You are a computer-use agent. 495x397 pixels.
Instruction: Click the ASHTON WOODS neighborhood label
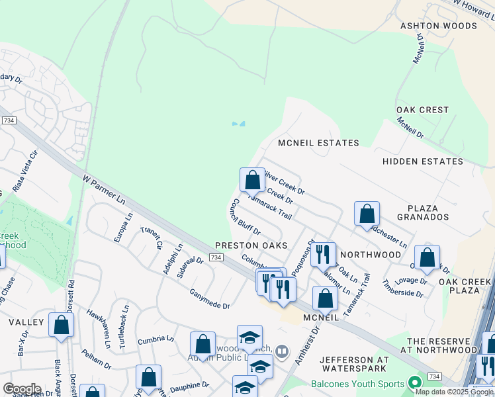coord(438,26)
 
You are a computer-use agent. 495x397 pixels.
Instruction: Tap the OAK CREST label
coord(422,110)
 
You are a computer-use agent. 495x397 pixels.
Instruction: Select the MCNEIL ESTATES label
coord(318,143)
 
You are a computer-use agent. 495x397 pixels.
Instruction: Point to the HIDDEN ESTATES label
coord(423,161)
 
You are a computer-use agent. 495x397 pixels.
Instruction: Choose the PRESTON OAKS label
coord(251,245)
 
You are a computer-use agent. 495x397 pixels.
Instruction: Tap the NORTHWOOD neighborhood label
coord(371,255)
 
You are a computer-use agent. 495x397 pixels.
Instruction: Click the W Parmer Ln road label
coord(105,189)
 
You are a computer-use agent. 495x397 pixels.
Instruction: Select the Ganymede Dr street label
coord(209,297)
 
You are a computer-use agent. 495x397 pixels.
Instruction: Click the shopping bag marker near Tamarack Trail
coord(251,180)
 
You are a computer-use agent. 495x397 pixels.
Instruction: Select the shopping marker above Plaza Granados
coord(367,214)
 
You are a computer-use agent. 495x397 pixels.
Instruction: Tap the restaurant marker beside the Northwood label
coord(323,254)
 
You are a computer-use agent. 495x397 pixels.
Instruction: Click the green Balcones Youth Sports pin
coord(415,383)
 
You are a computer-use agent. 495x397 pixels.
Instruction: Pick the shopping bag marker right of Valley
coord(62,326)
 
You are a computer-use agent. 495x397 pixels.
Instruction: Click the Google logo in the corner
coord(21,389)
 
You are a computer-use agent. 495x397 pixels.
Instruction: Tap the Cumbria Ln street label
coord(156,340)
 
